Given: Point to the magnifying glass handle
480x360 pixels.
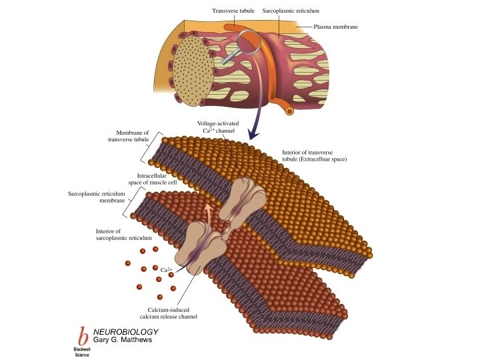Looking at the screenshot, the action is (x=228, y=60).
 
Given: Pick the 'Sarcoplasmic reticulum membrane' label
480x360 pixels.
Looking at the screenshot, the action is (x=97, y=197).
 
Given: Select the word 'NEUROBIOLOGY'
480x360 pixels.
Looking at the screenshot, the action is (x=126, y=331).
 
